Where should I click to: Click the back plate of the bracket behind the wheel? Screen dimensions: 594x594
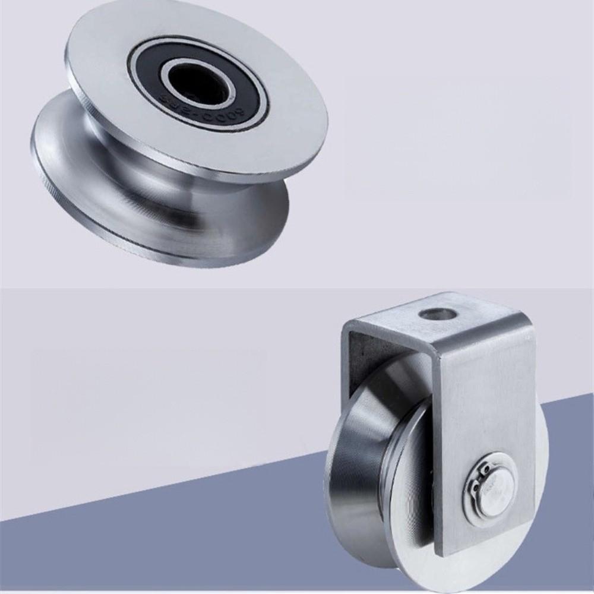coord(362,356)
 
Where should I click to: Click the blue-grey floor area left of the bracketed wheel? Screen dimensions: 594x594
coord(178,535)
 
